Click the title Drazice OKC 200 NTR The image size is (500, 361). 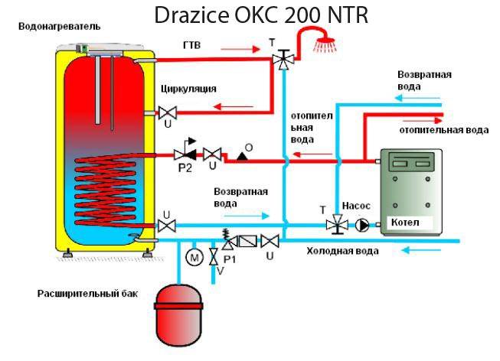click(x=260, y=15)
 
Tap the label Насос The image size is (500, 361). click(x=355, y=207)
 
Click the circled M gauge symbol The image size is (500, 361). click(x=194, y=258)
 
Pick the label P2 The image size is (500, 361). click(x=185, y=169)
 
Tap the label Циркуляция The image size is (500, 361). click(x=188, y=89)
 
